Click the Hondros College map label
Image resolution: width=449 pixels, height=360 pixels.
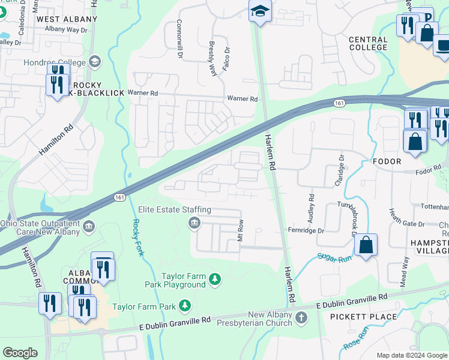click(55, 62)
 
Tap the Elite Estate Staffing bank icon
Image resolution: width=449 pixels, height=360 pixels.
click(194, 224)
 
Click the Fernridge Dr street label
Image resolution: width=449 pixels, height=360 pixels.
click(306, 230)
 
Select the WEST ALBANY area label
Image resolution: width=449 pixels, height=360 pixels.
click(67, 19)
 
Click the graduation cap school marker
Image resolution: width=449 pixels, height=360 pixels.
click(260, 11)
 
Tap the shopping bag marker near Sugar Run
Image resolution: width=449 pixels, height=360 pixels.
click(365, 245)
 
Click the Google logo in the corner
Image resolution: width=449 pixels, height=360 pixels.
click(20, 353)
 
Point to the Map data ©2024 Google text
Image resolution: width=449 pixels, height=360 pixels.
click(411, 355)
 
